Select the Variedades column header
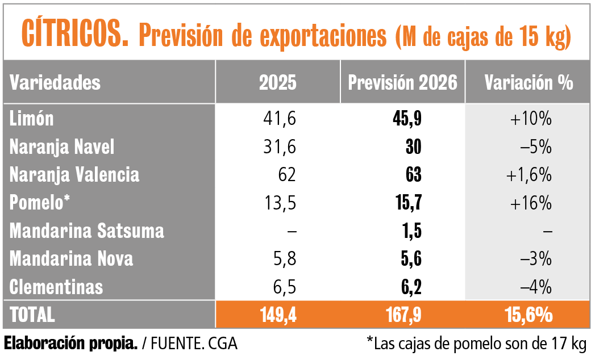click(x=55, y=83)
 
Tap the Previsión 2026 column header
click(x=402, y=83)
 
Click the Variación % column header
click(x=529, y=83)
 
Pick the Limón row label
click(x=32, y=119)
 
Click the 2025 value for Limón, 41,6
click(x=278, y=119)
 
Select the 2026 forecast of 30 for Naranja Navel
click(x=414, y=147)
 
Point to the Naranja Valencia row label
click(x=74, y=175)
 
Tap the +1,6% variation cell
click(x=529, y=175)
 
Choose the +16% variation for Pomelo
click(x=531, y=203)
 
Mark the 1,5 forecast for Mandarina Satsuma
click(x=409, y=231)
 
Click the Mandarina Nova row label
click(x=72, y=259)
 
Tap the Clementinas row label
click(x=56, y=287)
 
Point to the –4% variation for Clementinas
click(x=536, y=287)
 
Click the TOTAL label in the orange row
click(x=32, y=315)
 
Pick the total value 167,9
click(x=402, y=315)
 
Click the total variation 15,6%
click(x=529, y=315)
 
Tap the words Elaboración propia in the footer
click(x=70, y=344)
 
